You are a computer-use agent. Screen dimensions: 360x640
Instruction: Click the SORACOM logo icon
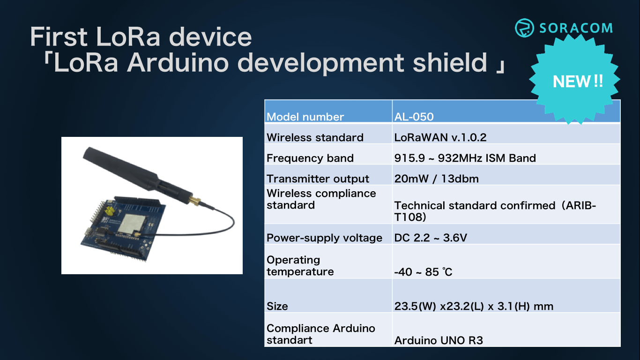click(524, 28)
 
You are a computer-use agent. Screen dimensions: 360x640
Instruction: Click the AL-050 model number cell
click(414, 117)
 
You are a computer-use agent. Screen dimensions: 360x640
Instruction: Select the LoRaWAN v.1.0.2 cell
click(440, 137)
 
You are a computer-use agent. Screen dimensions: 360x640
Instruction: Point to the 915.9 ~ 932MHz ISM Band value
click(465, 158)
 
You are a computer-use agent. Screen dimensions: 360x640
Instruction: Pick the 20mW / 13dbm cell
click(436, 179)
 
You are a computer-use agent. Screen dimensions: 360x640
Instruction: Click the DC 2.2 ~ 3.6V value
click(431, 238)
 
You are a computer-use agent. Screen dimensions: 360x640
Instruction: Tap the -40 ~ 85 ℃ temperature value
click(423, 272)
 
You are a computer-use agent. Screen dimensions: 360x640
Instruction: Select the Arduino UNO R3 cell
click(439, 340)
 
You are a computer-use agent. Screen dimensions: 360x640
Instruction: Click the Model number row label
click(305, 117)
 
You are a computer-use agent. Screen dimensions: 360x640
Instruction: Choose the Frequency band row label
click(310, 158)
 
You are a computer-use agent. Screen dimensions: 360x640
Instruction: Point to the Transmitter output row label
click(318, 179)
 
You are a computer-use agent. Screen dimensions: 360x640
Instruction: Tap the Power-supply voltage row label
click(324, 238)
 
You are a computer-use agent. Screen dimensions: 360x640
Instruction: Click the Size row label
click(277, 306)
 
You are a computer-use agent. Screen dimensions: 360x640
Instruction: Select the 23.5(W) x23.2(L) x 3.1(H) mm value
click(474, 306)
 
